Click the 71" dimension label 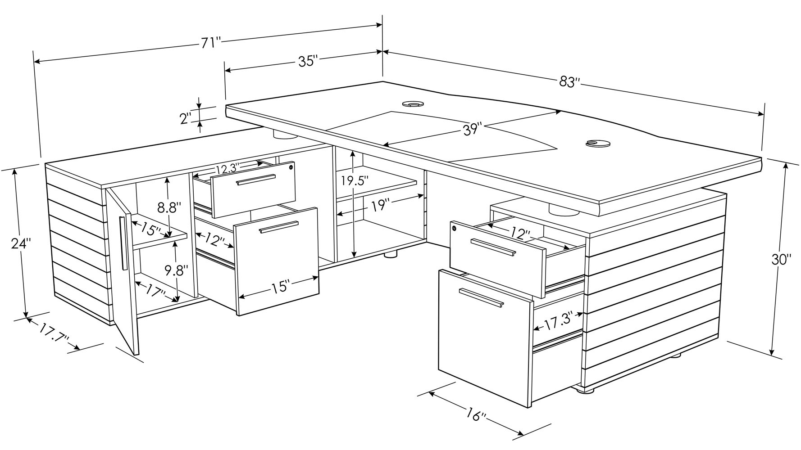pos(210,43)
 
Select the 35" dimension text pos(308,61)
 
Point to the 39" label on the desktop pos(473,129)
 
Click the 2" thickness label pos(186,119)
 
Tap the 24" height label pos(21,243)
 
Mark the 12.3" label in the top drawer pos(227,170)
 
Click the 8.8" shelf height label pos(169,208)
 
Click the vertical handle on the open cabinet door pos(123,243)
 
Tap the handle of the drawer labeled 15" pos(279,227)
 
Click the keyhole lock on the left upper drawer pos(291,167)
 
